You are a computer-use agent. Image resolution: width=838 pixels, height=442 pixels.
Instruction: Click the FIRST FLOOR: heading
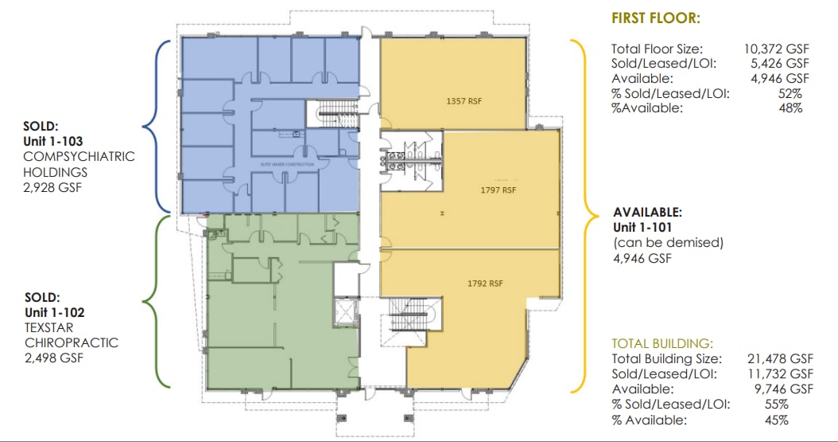656,18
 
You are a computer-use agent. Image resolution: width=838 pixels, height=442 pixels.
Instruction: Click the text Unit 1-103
55,140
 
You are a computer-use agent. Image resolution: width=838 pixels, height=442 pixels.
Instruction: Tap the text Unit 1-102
55,312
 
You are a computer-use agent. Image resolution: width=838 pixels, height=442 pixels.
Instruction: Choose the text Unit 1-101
642,228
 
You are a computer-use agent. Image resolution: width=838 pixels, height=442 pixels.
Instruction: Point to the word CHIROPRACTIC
70,342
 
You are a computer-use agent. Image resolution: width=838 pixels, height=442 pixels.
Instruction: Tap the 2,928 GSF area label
53,187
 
